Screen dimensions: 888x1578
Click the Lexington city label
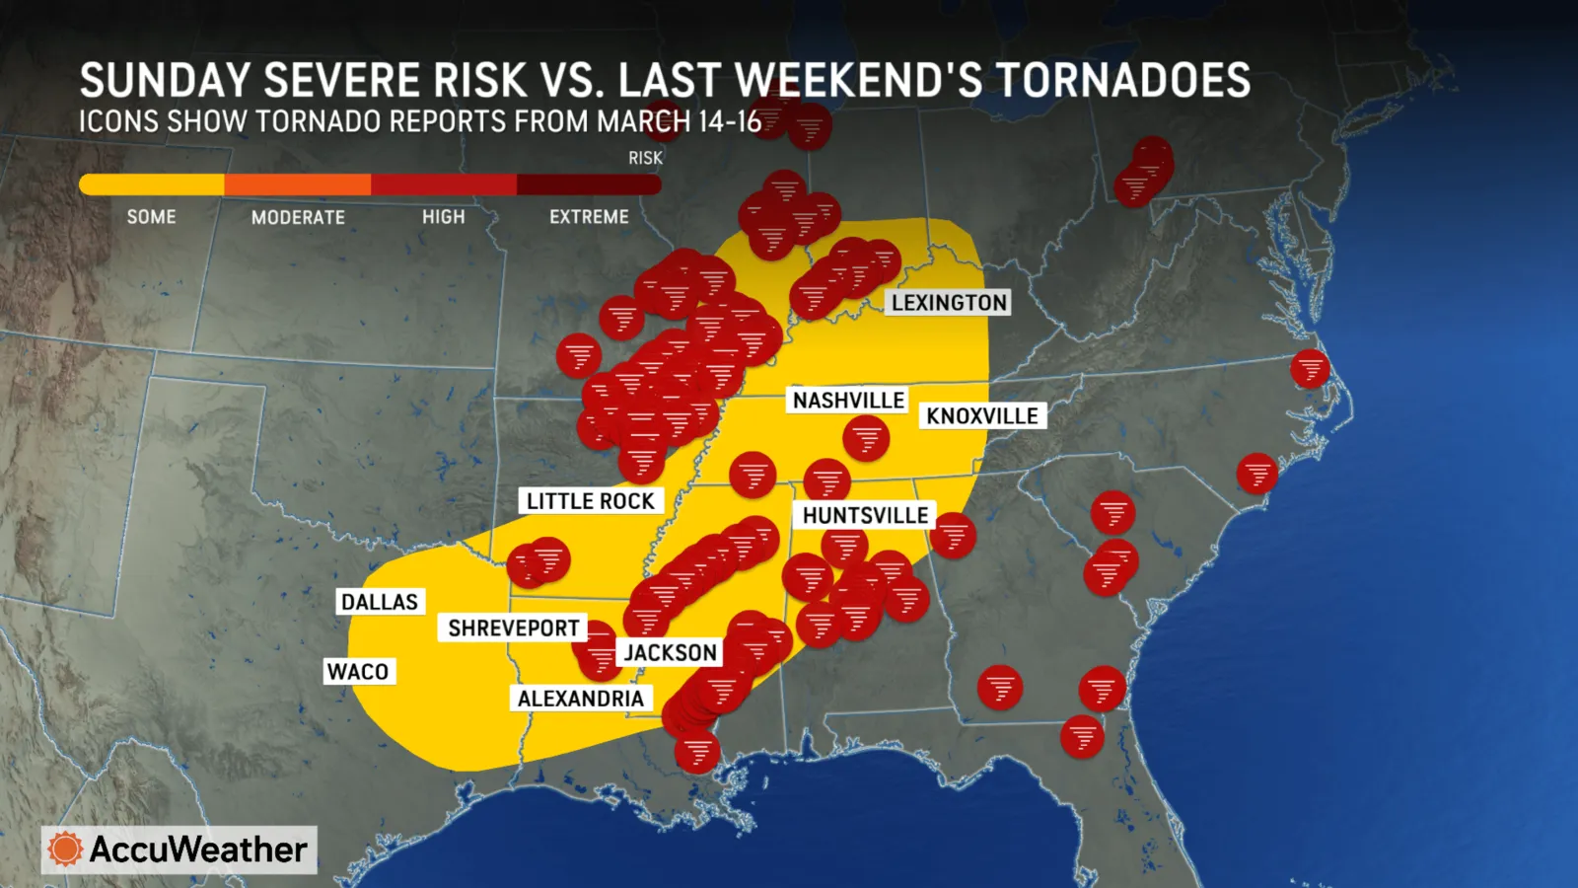(949, 303)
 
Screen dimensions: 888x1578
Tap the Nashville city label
(848, 401)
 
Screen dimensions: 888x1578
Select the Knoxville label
(981, 416)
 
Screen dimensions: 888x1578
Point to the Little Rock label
(590, 501)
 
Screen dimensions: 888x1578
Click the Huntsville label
(865, 516)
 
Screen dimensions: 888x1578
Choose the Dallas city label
(380, 602)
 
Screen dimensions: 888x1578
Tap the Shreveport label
(513, 629)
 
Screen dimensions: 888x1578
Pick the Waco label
(357, 672)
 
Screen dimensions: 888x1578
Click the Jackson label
(670, 653)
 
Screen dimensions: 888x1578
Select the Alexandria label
(580, 699)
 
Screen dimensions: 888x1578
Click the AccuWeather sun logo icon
(65, 850)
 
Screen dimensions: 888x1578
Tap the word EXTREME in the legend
(589, 217)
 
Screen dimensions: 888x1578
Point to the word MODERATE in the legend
(298, 217)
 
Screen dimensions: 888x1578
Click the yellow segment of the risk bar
(152, 185)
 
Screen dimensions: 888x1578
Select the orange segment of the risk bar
(297, 185)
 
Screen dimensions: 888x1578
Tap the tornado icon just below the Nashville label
(866, 438)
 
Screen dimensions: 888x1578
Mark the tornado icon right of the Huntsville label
(953, 536)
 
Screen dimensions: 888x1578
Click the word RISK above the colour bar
(645, 158)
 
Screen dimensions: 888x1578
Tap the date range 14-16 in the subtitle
(730, 122)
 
